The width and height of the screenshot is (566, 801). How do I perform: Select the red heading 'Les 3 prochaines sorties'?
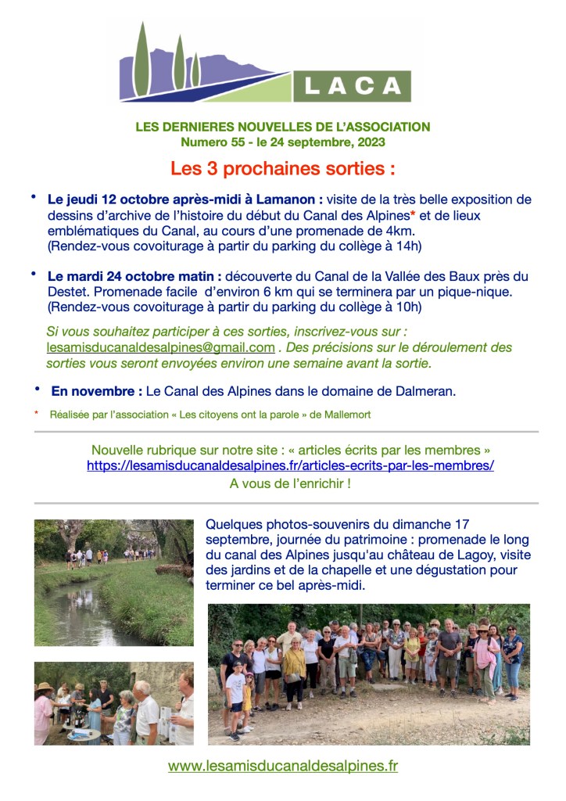click(282, 169)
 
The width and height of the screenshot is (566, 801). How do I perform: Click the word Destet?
click(67, 291)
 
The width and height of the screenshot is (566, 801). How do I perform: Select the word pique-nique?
click(483, 291)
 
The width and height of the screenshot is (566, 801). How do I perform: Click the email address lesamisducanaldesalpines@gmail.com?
click(161, 347)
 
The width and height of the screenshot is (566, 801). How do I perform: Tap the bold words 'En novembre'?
click(96, 391)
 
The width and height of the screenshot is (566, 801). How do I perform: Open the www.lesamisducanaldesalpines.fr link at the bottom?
click(282, 766)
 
